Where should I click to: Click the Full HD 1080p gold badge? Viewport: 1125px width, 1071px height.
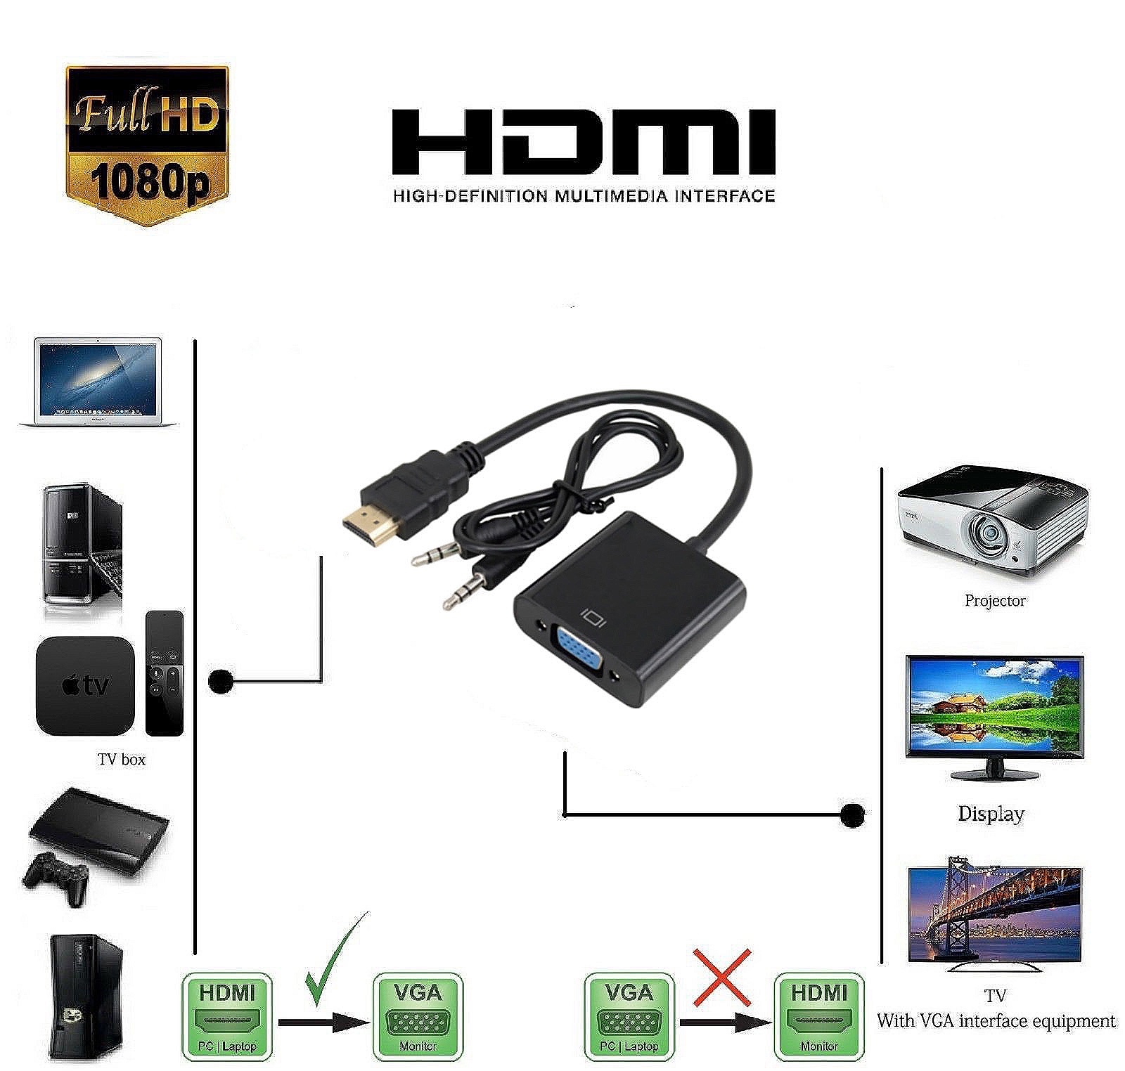[147, 146]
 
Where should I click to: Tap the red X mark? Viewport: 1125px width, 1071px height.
[721, 977]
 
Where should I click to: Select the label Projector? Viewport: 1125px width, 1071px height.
[994, 601]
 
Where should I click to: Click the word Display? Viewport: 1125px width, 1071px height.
[991, 814]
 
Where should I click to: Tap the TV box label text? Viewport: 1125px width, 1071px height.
[122, 760]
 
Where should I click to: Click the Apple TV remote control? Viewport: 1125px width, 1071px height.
[165, 673]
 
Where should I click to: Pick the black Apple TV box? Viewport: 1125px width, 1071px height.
[85, 685]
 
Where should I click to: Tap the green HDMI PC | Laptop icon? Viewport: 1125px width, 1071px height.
[226, 1016]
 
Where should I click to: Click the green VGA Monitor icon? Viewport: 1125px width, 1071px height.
[418, 1016]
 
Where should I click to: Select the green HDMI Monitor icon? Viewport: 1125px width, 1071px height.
[818, 1016]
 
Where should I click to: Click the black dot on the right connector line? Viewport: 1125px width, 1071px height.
[852, 814]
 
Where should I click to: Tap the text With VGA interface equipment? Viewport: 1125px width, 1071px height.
[996, 1021]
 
